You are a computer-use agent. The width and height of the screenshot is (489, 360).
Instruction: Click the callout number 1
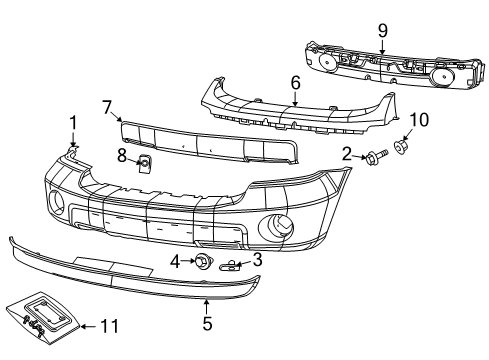coord(72,122)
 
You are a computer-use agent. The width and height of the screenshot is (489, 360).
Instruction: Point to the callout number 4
coord(175,262)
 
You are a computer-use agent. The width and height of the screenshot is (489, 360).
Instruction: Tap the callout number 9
coord(382,29)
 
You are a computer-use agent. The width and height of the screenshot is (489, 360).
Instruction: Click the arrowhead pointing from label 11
coord(84,326)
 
